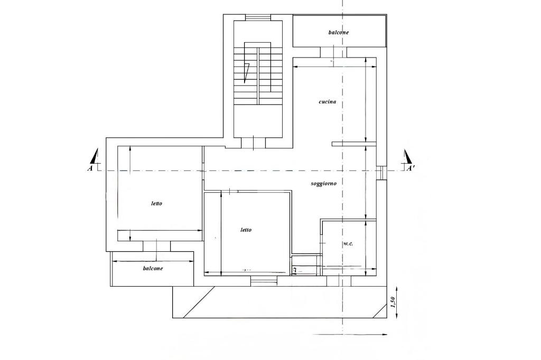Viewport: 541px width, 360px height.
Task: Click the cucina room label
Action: (327, 102)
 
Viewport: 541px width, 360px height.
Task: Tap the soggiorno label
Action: (323, 184)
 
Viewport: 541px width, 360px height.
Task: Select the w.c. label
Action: (348, 243)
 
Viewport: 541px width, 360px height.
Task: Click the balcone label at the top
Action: (338, 32)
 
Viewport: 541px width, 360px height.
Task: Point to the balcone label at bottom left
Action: (153, 268)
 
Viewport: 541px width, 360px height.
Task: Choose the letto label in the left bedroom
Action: (156, 203)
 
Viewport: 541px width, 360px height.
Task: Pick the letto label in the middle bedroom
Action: (246, 230)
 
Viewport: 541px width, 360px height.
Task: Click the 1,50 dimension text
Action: (392, 302)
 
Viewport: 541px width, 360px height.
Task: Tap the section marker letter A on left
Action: (90, 168)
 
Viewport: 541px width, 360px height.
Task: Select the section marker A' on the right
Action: (411, 168)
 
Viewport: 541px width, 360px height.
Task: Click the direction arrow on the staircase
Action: (246, 73)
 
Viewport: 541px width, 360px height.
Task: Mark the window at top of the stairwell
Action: (258, 17)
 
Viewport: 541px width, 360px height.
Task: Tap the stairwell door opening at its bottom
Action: (253, 143)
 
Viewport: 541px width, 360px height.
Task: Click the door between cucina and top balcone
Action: (333, 52)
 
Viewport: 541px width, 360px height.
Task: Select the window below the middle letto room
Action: (264, 281)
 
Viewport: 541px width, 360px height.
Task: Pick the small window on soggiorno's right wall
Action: (381, 173)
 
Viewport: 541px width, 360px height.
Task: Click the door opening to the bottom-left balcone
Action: (156, 246)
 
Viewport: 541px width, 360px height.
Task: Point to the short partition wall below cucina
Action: (354, 144)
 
